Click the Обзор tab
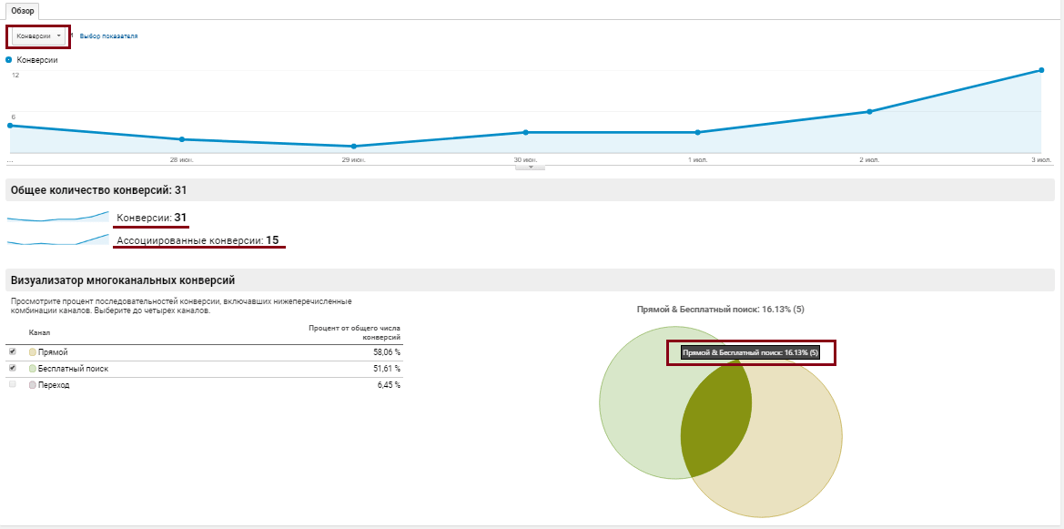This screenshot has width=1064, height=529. point(23,11)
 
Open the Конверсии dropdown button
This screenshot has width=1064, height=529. point(38,36)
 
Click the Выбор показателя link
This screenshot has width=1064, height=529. point(108,36)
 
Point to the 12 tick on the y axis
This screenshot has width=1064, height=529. point(15,75)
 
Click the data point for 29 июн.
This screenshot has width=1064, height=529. point(353,146)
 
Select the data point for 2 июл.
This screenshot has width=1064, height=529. point(869,111)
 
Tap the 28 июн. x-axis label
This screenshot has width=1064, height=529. point(182,160)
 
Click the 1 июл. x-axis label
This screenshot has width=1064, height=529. point(697,160)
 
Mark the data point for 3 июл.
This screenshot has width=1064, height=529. point(1041,70)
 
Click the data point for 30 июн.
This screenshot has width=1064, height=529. point(525,132)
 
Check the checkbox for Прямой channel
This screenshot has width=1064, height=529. point(12,351)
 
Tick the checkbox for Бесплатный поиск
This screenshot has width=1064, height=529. point(12,368)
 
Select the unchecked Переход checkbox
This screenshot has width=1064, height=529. point(12,384)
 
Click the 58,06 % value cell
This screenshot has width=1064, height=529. point(389,352)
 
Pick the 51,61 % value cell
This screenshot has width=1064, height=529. point(389,369)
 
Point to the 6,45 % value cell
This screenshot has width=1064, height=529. point(390,385)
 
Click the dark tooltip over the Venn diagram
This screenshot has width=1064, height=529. point(751,353)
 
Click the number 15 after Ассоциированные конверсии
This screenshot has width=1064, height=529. point(272,239)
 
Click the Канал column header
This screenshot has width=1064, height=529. point(39,332)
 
